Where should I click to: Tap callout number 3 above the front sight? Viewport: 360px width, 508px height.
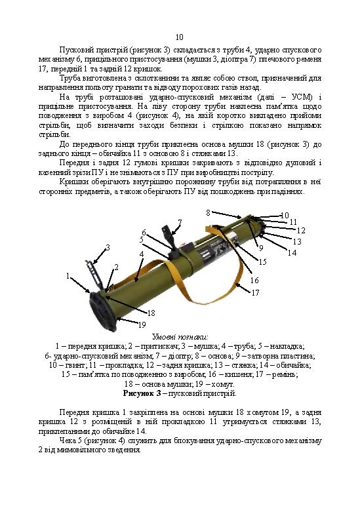(107, 247)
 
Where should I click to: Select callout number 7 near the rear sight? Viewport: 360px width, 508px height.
(179, 222)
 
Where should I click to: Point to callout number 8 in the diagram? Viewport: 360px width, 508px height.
(208, 212)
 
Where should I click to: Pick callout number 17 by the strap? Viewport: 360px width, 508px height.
(256, 293)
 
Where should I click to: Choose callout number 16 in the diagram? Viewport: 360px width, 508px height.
(254, 280)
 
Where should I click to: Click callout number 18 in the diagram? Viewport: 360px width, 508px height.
(151, 313)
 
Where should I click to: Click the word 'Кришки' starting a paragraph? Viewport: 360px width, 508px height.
(71, 182)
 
